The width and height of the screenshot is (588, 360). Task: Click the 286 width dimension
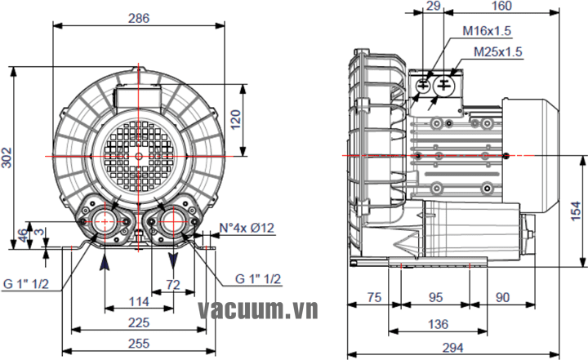click(x=139, y=18)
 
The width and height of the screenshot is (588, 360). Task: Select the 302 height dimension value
click(x=7, y=158)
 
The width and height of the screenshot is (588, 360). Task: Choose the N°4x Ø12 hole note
click(x=248, y=229)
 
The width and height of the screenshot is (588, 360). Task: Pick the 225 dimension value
click(x=139, y=322)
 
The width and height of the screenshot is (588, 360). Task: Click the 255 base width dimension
click(x=139, y=344)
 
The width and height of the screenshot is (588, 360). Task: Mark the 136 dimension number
click(x=438, y=324)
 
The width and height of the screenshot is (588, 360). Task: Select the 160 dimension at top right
click(x=502, y=7)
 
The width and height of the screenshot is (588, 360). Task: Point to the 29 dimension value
click(x=434, y=7)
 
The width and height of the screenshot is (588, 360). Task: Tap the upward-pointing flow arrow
click(x=105, y=260)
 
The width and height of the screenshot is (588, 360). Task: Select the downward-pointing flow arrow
click(x=173, y=260)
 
